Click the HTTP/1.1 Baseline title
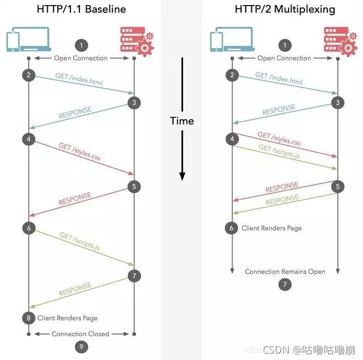[x=81, y=9]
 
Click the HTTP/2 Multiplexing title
[x=285, y=9]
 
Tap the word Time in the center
[x=182, y=121]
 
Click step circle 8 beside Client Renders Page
[x=28, y=318]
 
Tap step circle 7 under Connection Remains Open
[x=285, y=284]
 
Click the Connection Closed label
[x=81, y=334]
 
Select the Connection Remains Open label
[x=285, y=271]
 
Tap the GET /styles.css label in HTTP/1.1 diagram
[x=79, y=152]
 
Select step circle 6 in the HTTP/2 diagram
[x=231, y=228]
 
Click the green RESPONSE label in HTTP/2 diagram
[x=282, y=200]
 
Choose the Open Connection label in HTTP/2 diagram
[x=285, y=58]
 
